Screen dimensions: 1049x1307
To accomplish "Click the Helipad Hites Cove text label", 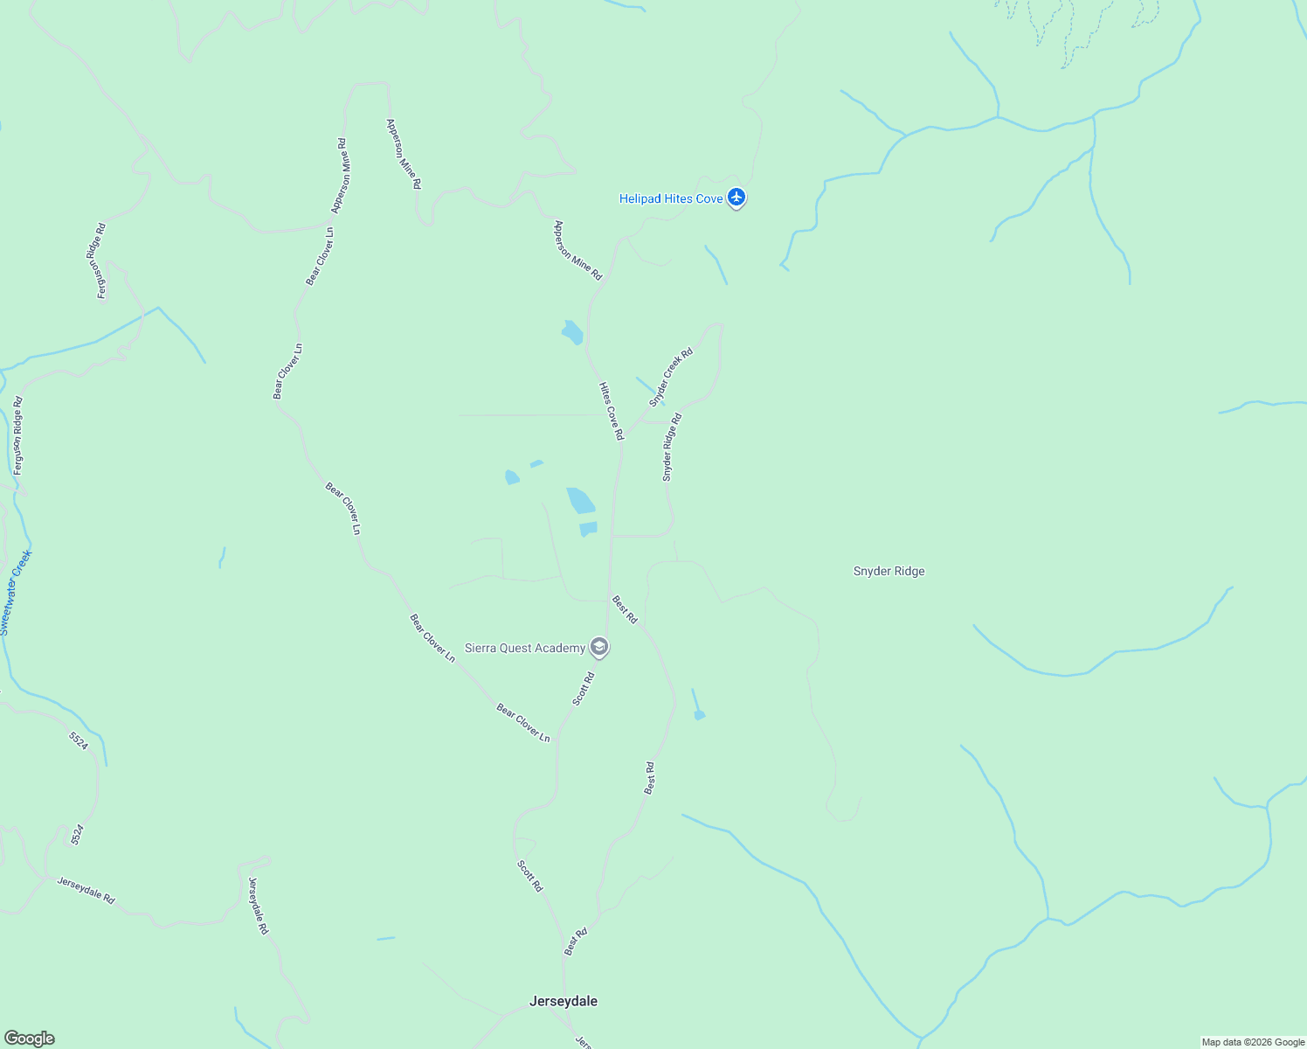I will [670, 199].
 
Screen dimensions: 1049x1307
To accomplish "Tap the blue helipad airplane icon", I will [736, 198].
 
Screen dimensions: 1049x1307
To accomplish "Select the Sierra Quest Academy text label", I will [524, 648].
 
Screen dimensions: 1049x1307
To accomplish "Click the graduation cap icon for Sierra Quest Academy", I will [599, 648].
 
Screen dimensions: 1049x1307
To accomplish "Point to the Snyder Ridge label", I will [889, 572].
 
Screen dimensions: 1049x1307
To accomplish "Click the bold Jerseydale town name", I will [564, 1001].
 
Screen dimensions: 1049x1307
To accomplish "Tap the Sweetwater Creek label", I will [16, 592].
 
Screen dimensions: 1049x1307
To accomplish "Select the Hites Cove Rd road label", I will [612, 411].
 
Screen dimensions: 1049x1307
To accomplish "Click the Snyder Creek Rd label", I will [671, 377].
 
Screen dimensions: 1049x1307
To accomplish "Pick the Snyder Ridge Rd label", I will [671, 448].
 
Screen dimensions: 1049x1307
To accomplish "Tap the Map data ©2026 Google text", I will [1253, 1042].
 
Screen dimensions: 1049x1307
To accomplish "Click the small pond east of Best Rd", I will [699, 715].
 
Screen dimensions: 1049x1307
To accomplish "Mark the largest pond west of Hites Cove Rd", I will [580, 501].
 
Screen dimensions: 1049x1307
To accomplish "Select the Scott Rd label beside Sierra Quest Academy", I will [584, 689].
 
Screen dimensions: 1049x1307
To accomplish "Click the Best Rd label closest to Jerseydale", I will [576, 941].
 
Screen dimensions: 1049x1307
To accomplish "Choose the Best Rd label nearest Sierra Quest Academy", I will [625, 609].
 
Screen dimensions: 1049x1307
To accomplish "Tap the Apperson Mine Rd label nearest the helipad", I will [577, 250].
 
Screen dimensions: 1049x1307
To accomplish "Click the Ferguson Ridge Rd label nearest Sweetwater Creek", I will [18, 435].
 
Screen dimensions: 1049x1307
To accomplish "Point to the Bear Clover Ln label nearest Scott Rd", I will [523, 723].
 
